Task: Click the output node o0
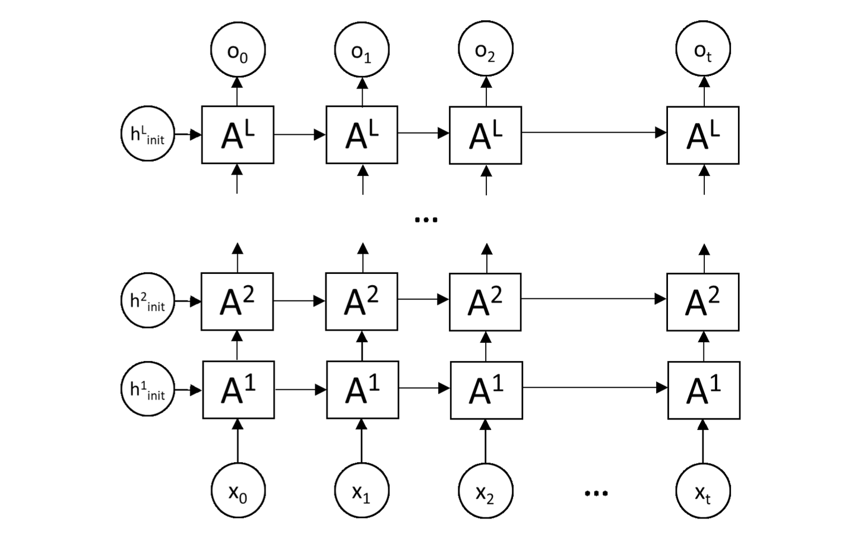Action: pos(237,49)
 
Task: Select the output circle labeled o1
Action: pos(362,49)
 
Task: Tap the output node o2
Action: pos(485,49)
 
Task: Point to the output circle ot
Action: pos(703,49)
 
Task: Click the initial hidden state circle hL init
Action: pos(148,134)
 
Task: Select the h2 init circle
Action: pos(148,301)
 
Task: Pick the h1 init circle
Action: pos(148,390)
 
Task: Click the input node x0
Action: pos(238,491)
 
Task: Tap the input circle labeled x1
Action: pos(362,491)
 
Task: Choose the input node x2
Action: pos(485,491)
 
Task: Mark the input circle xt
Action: pos(703,491)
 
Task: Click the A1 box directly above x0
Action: pos(238,390)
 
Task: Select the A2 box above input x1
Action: pos(362,301)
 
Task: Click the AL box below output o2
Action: pos(485,135)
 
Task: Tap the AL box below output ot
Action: pos(703,135)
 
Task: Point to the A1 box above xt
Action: pos(704,390)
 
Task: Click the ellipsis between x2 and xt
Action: pos(596,493)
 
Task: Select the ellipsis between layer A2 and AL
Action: pos(426,220)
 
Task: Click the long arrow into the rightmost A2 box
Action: pos(594,299)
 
